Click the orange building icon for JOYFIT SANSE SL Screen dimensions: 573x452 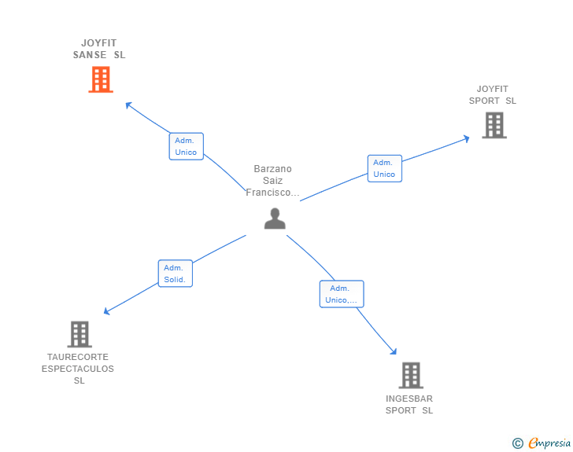tap(101, 79)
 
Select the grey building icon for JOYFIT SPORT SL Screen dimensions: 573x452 tap(494, 125)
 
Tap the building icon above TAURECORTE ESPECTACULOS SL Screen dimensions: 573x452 tap(79, 334)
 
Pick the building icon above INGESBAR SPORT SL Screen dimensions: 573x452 tap(411, 375)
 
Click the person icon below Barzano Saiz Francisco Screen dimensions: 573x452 tap(275, 219)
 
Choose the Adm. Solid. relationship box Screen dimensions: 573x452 tap(176, 274)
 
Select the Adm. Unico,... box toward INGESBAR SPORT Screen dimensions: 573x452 tap(342, 294)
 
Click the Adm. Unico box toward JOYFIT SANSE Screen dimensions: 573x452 tap(187, 146)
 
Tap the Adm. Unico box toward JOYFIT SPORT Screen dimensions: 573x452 tap(385, 168)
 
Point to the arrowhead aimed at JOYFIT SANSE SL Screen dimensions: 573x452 tap(128, 105)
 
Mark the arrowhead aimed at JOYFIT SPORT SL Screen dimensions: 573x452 tap(466, 138)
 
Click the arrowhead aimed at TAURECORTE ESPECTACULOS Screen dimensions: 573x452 tap(106, 311)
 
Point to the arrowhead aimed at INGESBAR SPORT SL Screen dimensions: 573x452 tap(394, 351)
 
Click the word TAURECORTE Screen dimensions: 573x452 tap(78, 357)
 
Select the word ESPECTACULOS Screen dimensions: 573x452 tap(78, 369)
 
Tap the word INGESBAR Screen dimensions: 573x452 tap(409, 399)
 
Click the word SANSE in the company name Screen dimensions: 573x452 tap(90, 55)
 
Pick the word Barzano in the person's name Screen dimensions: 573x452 tap(273, 169)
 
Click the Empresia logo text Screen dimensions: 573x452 tap(549, 443)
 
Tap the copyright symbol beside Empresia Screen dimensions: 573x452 tap(518, 443)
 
